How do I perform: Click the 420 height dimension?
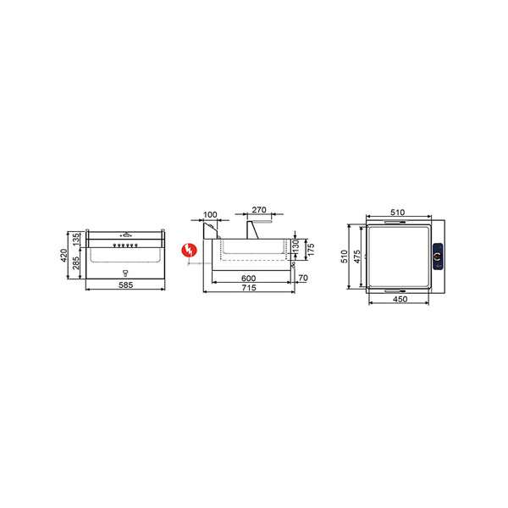[x=64, y=256]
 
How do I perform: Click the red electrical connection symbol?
[x=191, y=249]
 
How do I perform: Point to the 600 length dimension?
[x=248, y=279]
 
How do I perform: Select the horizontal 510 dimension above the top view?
[x=398, y=213]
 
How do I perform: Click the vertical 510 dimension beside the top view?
[x=345, y=257]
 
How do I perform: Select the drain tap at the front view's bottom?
[x=125, y=273]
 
